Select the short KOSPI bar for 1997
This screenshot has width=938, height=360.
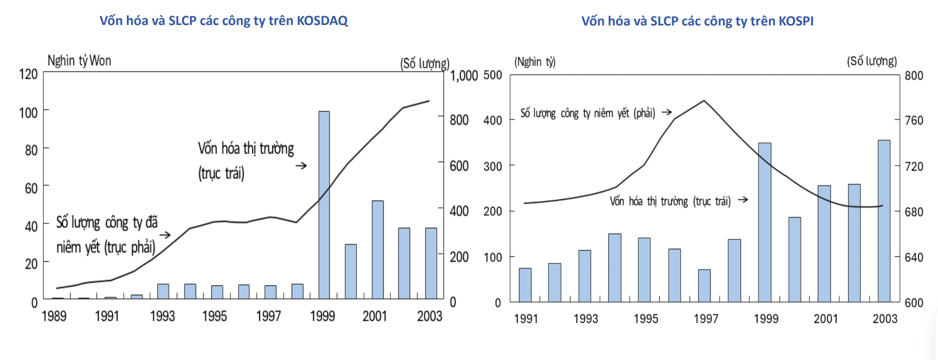(x=704, y=286)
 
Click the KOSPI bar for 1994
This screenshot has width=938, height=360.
(x=615, y=268)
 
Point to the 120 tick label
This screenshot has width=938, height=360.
(x=28, y=74)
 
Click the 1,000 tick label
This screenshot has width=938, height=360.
(x=464, y=76)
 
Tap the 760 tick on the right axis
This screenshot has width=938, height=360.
(x=914, y=121)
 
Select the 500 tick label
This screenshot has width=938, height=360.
(x=493, y=75)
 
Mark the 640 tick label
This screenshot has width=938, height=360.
(x=914, y=257)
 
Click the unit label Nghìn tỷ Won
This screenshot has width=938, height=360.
(x=79, y=61)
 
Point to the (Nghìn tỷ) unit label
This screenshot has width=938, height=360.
(x=535, y=62)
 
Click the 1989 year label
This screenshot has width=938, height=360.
(x=54, y=316)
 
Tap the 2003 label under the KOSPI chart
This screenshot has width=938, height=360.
(x=884, y=318)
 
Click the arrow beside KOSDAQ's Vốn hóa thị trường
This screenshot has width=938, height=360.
(x=301, y=166)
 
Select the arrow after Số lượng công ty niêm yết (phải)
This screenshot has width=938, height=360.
(x=666, y=112)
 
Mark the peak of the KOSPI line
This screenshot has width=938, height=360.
(x=704, y=100)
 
